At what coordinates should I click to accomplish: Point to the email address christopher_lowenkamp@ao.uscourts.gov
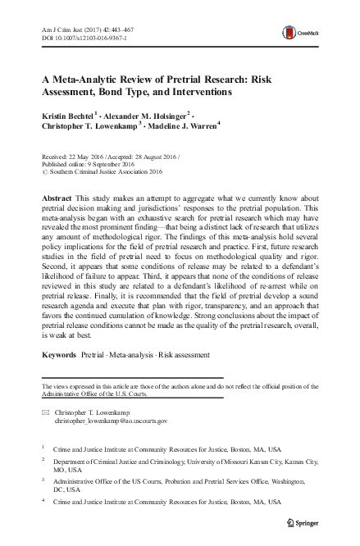[x=111, y=420]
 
